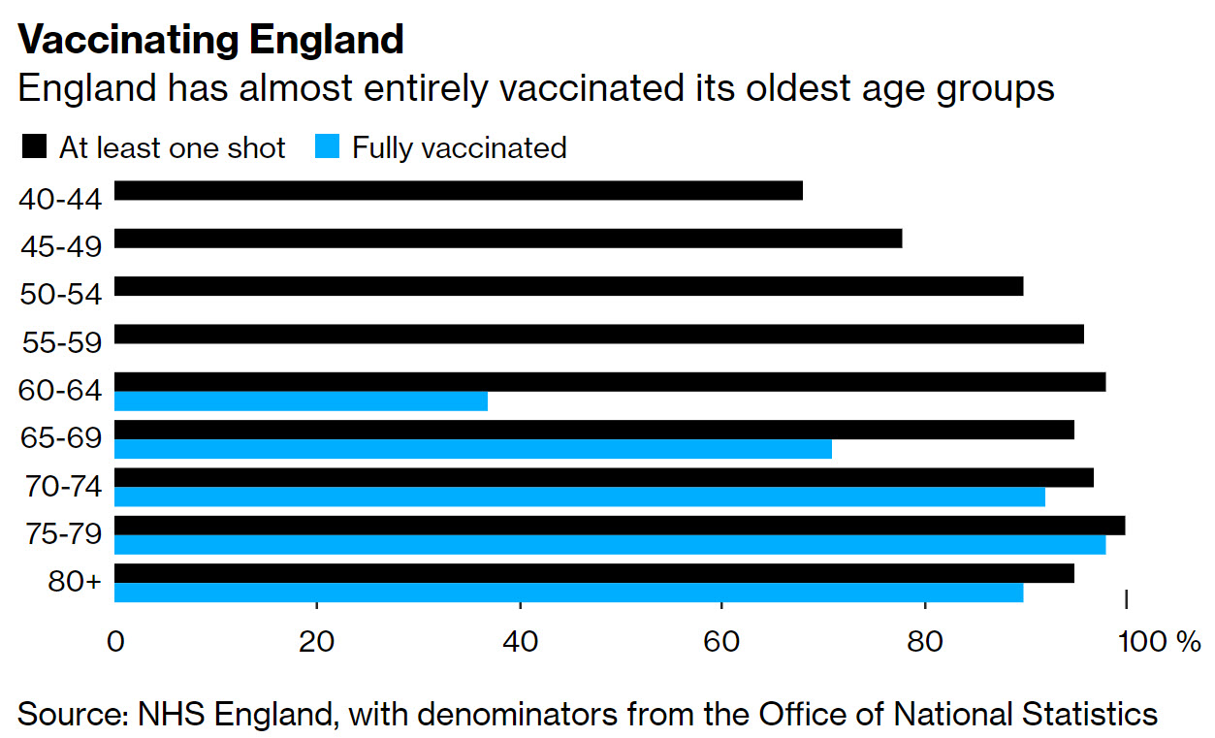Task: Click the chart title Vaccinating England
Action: pyautogui.click(x=210, y=40)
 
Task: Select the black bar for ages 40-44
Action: pyautogui.click(x=458, y=191)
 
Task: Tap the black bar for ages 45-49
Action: pyautogui.click(x=507, y=239)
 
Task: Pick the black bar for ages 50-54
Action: pyautogui.click(x=568, y=286)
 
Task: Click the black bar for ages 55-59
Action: pyautogui.click(x=598, y=335)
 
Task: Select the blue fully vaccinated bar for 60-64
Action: pyautogui.click(x=301, y=401)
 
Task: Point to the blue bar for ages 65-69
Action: pyautogui.click(x=472, y=449)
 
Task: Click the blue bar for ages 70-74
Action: pyautogui.click(x=579, y=497)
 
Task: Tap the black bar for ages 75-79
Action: pyautogui.click(x=619, y=526)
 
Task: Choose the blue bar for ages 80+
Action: pyautogui.click(x=568, y=593)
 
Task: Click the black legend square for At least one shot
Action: pyautogui.click(x=33, y=147)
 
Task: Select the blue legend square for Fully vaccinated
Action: pyautogui.click(x=327, y=147)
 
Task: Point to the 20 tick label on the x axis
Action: pyautogui.click(x=317, y=641)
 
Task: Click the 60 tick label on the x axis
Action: pyautogui.click(x=721, y=641)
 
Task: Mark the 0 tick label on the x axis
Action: pyautogui.click(x=115, y=641)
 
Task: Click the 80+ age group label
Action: pyautogui.click(x=74, y=583)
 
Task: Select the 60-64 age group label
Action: pyautogui.click(x=60, y=391)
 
